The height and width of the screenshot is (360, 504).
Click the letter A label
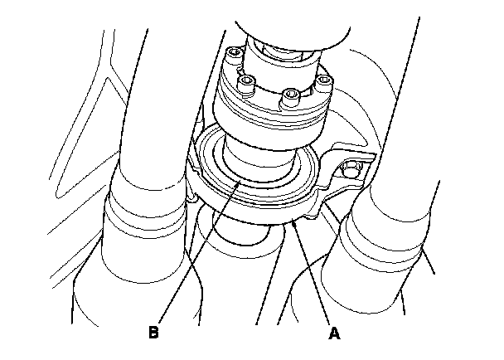pos(334,333)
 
